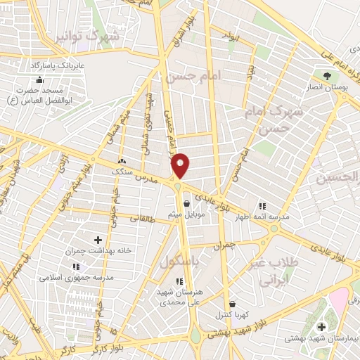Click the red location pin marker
pos(180,165)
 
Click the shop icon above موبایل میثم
pos(186,204)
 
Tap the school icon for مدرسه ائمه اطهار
pos(262,206)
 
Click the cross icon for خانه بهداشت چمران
pos(98,240)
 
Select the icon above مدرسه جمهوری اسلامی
pos(76,266)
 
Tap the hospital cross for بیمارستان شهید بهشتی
pos(321,327)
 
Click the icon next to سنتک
pos(122,161)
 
